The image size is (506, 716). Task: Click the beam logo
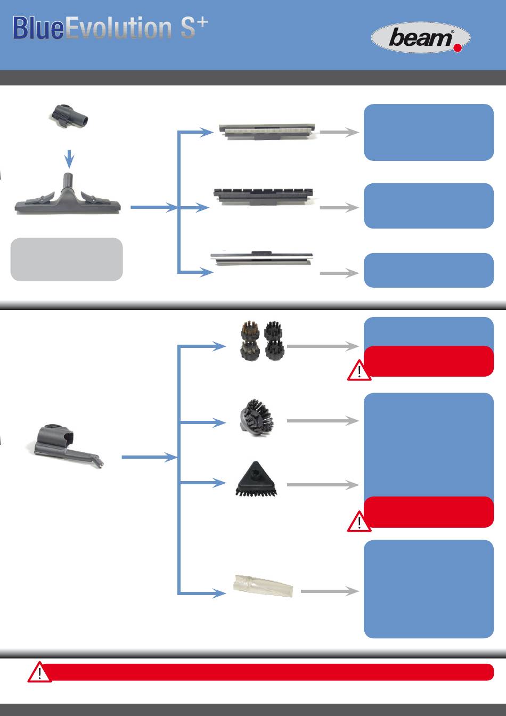click(420, 38)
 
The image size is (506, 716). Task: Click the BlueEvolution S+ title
click(110, 28)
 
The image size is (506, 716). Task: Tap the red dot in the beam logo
click(458, 47)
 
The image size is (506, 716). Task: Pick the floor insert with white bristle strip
click(267, 131)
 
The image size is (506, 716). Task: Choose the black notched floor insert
click(263, 196)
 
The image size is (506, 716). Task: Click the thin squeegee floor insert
click(261, 258)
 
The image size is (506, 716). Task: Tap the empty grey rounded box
click(67, 259)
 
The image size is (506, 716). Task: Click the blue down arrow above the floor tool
click(69, 159)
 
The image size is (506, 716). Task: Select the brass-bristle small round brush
click(250, 331)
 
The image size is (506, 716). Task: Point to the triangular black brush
click(257, 479)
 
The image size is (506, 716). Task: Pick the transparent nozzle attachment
click(264, 586)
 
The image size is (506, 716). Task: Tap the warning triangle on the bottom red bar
click(39, 672)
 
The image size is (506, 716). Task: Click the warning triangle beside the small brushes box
click(360, 370)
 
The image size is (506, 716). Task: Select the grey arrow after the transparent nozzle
click(330, 591)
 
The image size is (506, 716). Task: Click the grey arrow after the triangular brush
click(323, 485)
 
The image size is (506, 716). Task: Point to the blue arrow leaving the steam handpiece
click(149, 457)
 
